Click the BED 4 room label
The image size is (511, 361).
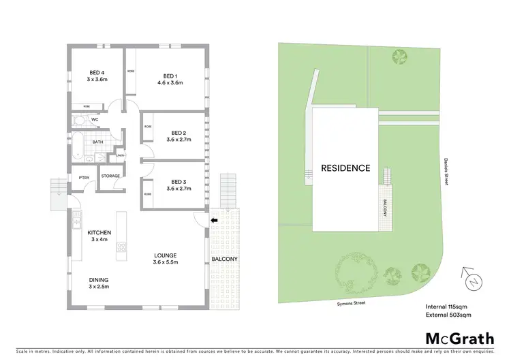coord(97,73)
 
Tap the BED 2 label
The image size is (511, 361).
coord(179,133)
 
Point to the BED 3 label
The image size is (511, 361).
coord(179,182)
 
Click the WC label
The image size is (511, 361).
coord(95,119)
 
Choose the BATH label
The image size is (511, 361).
coord(98,142)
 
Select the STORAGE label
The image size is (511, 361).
coord(110,176)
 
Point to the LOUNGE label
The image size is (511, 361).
coord(165,255)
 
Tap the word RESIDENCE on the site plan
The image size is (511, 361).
coord(345,168)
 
